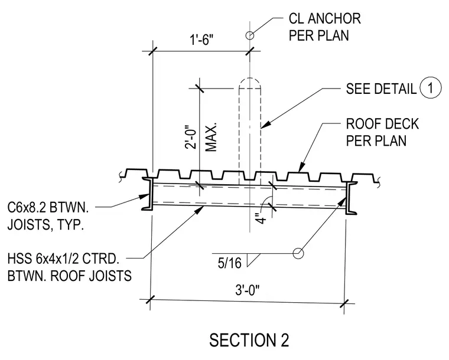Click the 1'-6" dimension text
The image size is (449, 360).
pos(202,40)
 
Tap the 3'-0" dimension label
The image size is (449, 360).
pos(248,290)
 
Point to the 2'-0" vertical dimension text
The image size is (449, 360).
pos(191,137)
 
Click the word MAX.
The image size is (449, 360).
pos(211,138)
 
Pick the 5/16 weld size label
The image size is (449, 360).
pos(230,263)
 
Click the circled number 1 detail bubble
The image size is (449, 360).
pos(430,88)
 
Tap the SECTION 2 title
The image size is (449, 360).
pos(249,340)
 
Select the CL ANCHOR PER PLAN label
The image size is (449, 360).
pos(325,27)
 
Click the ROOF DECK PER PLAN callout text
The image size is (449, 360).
pos(382,132)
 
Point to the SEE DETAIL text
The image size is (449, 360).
pos(381,89)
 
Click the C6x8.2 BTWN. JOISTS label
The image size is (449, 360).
pos(48,216)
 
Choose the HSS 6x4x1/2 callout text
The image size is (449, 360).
pos(69,267)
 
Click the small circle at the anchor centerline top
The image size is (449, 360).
pos(250,35)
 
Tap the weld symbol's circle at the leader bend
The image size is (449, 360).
pos(298,253)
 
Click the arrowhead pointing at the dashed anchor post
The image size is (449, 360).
pos(265,125)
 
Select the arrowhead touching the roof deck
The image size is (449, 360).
pos(301,167)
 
